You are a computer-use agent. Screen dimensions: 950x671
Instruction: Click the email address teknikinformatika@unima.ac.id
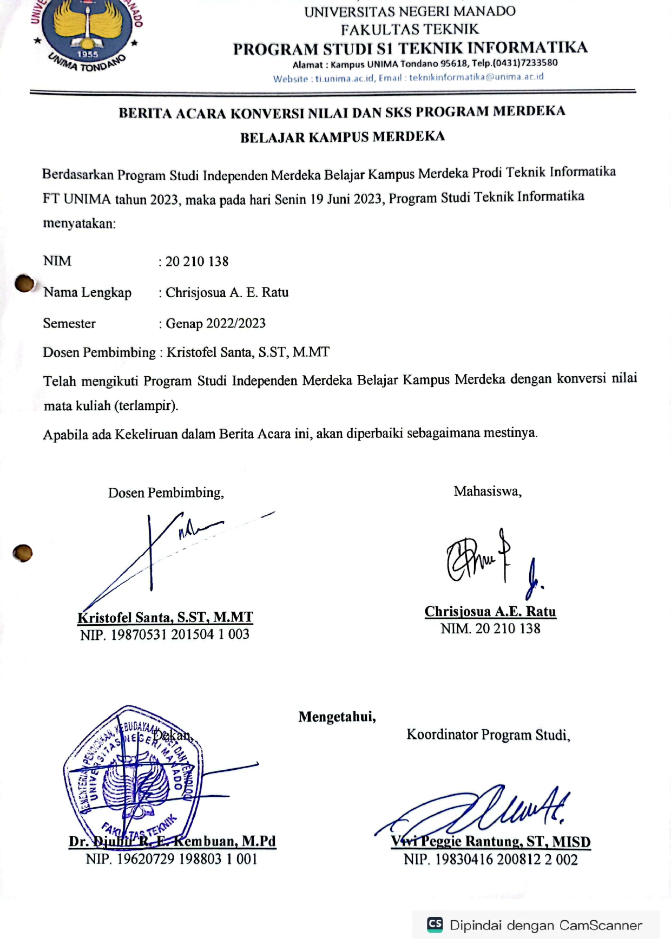[x=476, y=77]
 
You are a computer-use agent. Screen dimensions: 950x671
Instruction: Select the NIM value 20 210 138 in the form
[x=197, y=261]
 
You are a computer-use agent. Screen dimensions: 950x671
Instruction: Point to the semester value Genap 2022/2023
[x=215, y=324]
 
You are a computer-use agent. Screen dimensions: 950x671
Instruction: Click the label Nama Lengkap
[x=87, y=292]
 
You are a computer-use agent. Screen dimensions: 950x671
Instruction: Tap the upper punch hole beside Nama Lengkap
[x=24, y=283]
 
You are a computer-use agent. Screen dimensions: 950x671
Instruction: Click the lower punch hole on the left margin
[x=23, y=553]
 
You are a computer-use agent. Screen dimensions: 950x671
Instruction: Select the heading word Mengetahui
[x=337, y=717]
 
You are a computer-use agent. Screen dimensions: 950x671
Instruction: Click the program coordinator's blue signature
[x=487, y=809]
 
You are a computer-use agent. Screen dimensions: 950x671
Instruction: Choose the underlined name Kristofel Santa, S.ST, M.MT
[x=165, y=617]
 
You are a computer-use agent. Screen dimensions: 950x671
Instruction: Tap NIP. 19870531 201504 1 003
[x=165, y=634]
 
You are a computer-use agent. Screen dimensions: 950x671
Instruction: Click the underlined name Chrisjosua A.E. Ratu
[x=490, y=611]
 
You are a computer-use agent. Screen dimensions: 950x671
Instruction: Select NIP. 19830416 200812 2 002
[x=490, y=859]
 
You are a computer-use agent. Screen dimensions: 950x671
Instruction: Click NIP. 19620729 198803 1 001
[x=171, y=859]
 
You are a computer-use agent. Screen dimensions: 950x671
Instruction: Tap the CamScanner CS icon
[x=435, y=924]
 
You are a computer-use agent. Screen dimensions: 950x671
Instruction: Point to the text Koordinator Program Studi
[x=488, y=735]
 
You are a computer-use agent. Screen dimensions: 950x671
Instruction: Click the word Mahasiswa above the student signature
[x=487, y=491]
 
